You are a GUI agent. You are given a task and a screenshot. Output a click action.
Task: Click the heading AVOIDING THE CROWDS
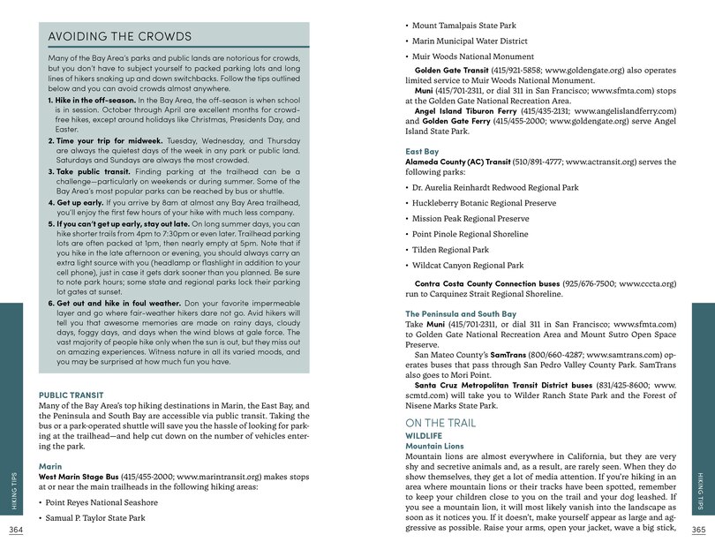click(x=120, y=37)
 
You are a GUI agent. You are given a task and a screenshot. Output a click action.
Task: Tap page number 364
click(x=16, y=530)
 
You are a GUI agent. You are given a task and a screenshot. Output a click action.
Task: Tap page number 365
click(x=698, y=530)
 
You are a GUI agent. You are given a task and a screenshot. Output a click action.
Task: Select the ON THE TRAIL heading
click(x=440, y=424)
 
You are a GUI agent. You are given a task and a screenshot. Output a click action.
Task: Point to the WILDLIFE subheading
click(x=423, y=436)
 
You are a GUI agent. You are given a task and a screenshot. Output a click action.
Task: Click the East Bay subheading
click(x=422, y=151)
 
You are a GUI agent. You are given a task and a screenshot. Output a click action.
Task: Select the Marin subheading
click(x=50, y=465)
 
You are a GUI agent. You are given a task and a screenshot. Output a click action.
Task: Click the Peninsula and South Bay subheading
click(x=461, y=313)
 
